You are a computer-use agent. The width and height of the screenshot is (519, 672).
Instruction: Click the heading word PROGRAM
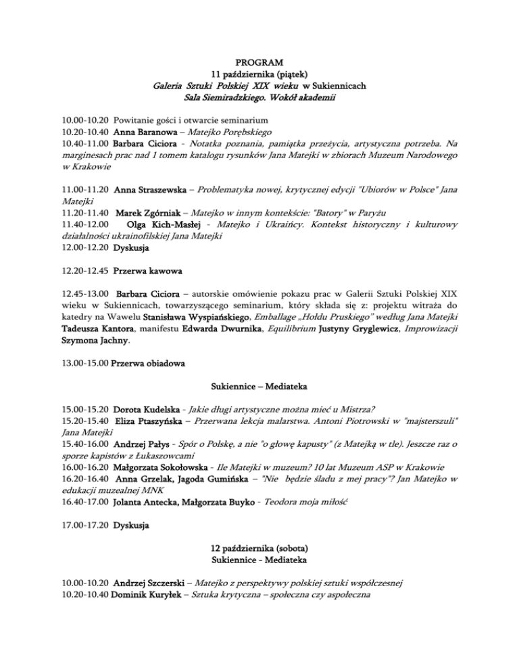click(260, 62)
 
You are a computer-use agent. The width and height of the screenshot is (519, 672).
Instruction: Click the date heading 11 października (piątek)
click(260, 74)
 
